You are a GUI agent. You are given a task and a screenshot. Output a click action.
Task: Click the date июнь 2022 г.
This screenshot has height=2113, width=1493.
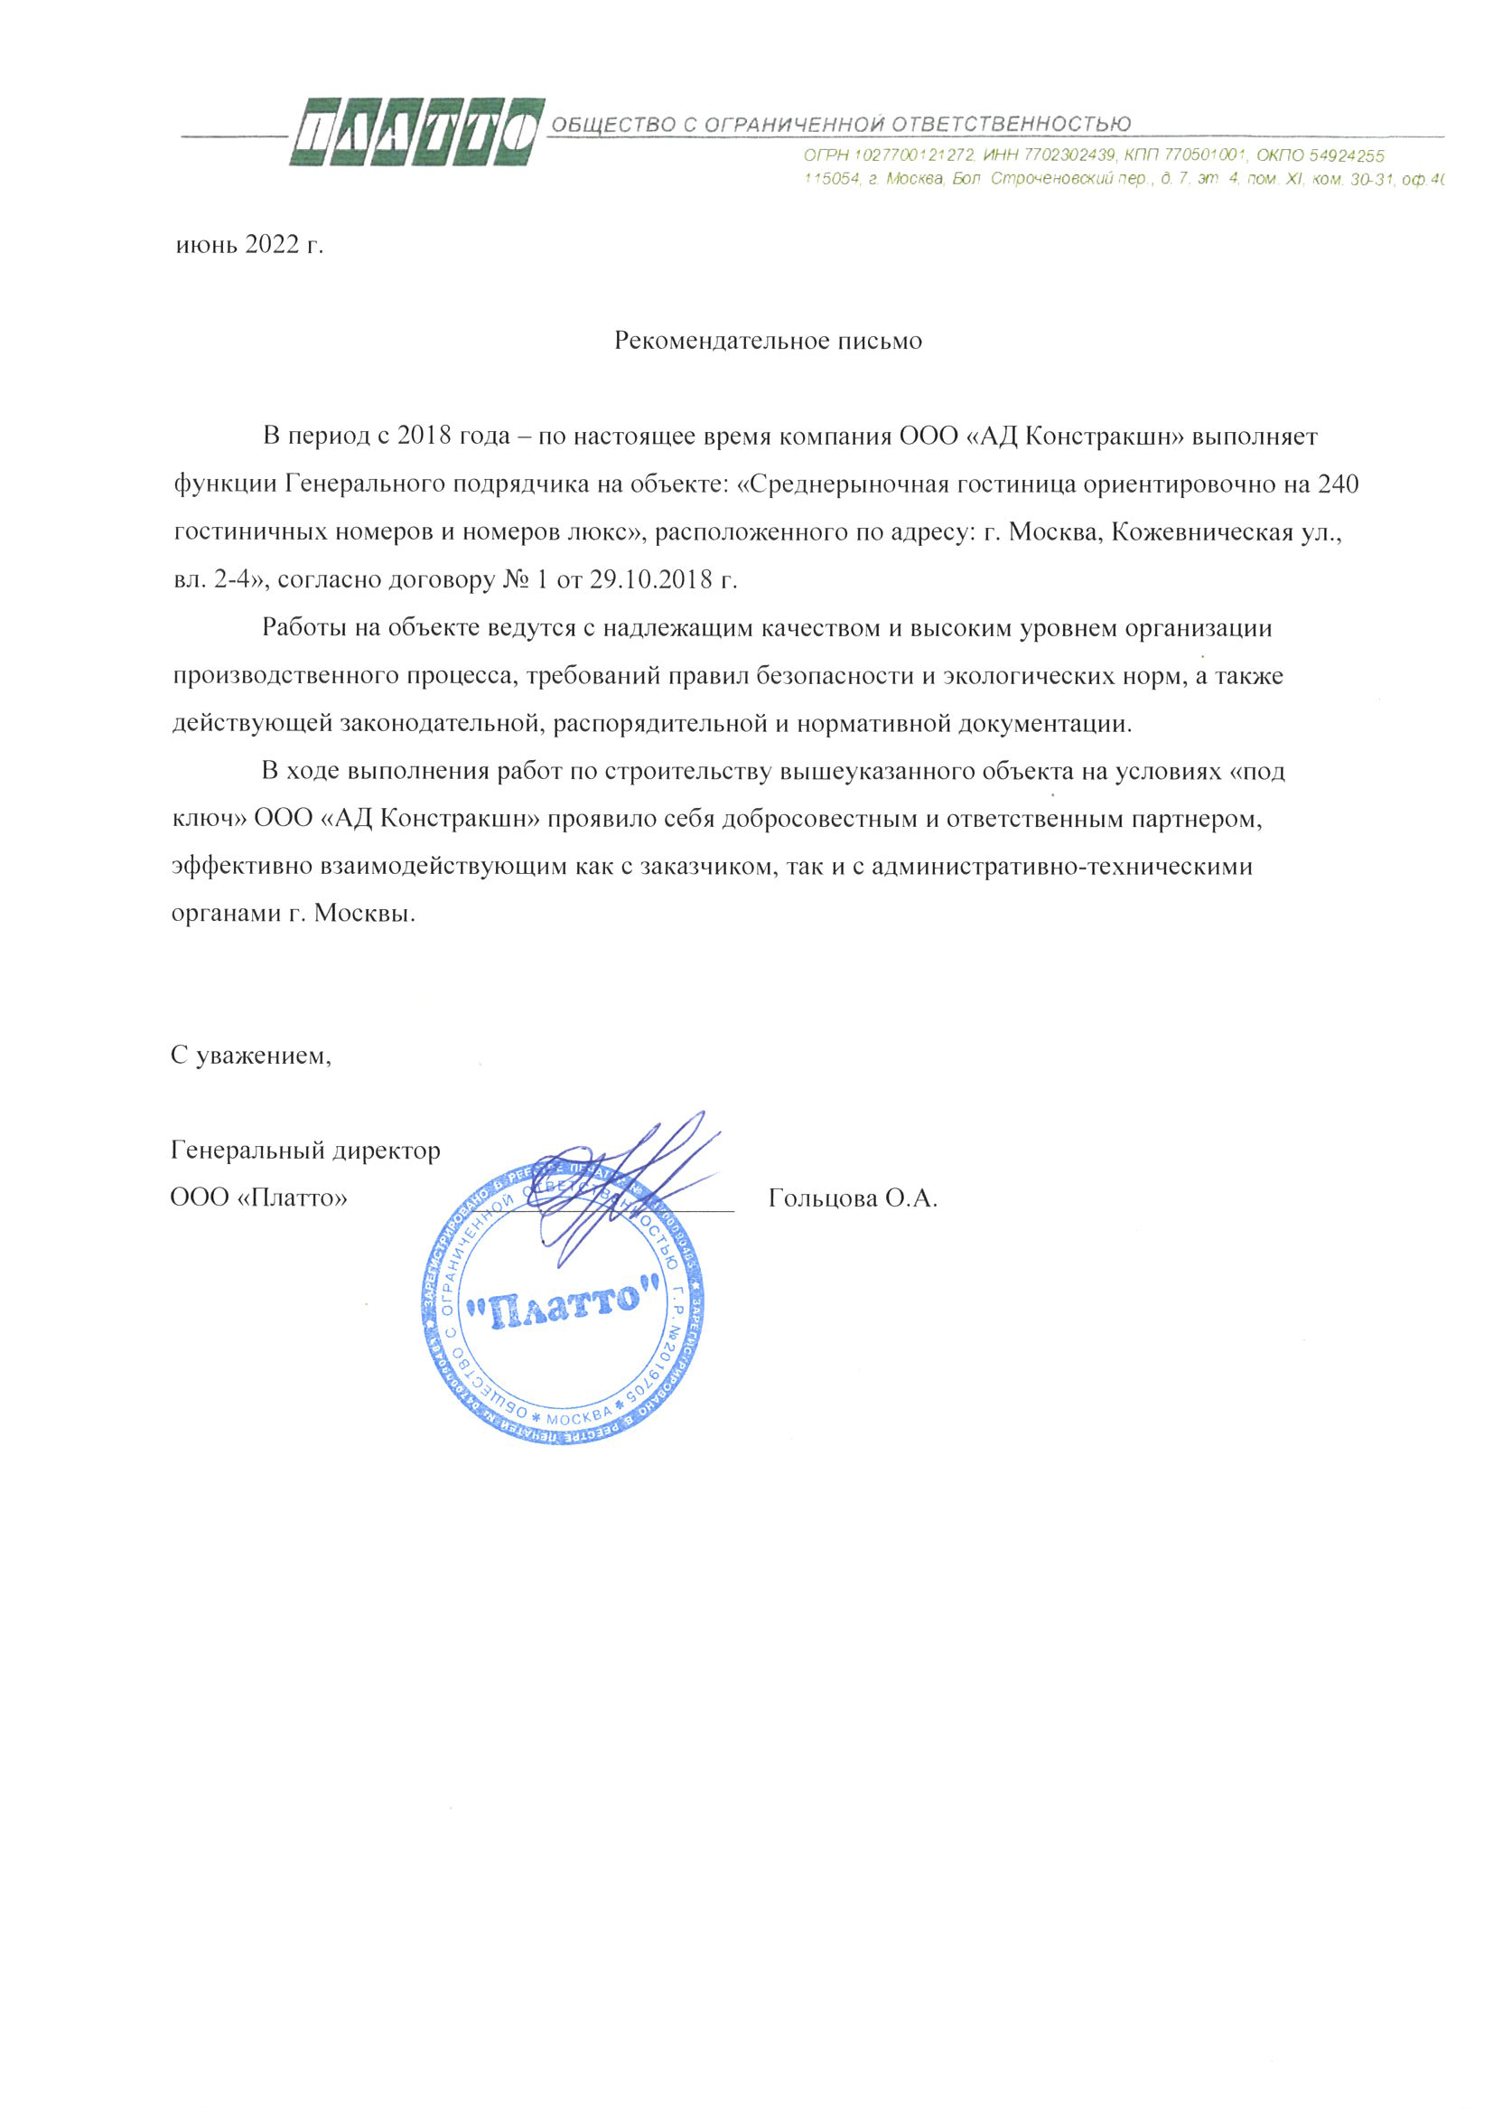coord(249,245)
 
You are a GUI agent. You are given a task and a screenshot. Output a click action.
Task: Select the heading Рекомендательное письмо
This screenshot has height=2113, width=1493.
coord(767,342)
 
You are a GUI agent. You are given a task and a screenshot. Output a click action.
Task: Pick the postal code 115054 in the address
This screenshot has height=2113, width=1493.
coord(832,179)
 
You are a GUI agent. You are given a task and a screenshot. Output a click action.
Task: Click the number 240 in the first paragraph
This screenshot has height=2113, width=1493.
coord(1339,484)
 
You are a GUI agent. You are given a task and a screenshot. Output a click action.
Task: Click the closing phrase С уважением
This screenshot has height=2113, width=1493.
coord(250,1055)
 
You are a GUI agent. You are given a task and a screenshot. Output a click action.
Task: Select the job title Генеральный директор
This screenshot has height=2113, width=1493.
coord(305,1150)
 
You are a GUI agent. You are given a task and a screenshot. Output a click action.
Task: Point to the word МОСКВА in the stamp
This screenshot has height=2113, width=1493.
coord(579,1417)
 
